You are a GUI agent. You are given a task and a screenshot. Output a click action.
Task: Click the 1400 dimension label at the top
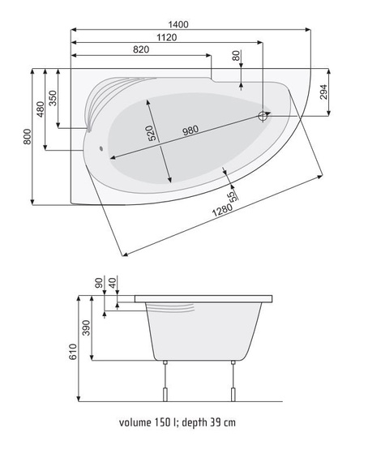coord(178,24)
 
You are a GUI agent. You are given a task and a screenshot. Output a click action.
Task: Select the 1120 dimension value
coord(167,37)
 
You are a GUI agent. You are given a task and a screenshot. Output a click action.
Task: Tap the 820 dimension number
coord(141,49)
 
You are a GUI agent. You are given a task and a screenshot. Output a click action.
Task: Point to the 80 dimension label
coord(236,56)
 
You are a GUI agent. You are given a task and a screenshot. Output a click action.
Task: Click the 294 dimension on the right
coord(323,92)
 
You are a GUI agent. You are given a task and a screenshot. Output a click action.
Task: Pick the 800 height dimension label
coord(27,136)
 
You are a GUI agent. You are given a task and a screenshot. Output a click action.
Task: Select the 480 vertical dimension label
coord(40,109)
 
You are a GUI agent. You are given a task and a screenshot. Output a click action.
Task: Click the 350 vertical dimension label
coord(53,98)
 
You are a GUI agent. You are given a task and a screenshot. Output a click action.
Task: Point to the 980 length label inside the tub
coord(190,130)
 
